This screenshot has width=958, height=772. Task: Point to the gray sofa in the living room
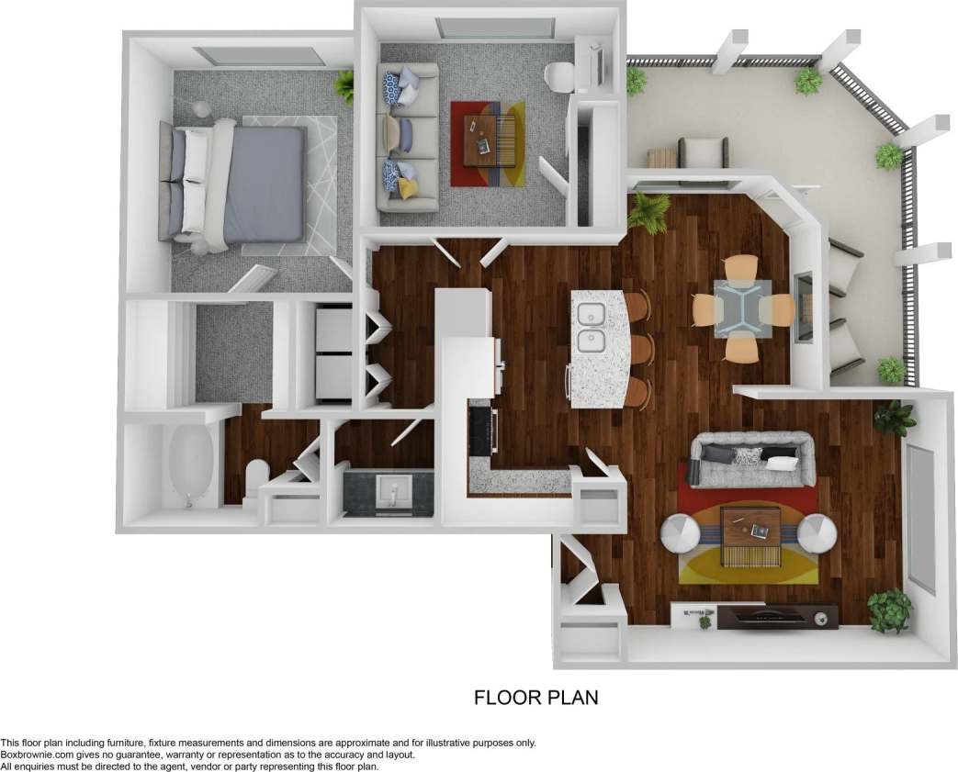click(x=753, y=458)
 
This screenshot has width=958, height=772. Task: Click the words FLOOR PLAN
click(x=535, y=698)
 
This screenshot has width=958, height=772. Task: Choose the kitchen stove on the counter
click(x=482, y=431)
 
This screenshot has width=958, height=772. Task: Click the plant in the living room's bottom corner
click(x=888, y=610)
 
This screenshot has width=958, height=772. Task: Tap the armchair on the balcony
click(x=704, y=151)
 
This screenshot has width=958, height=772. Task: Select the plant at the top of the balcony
click(x=807, y=82)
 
